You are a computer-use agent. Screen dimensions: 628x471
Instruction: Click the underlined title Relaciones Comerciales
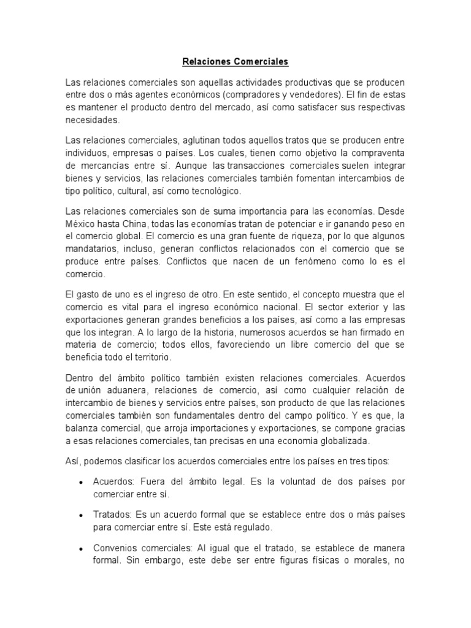click(x=235, y=62)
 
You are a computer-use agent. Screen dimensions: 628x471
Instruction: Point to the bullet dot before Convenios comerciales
click(x=81, y=547)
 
